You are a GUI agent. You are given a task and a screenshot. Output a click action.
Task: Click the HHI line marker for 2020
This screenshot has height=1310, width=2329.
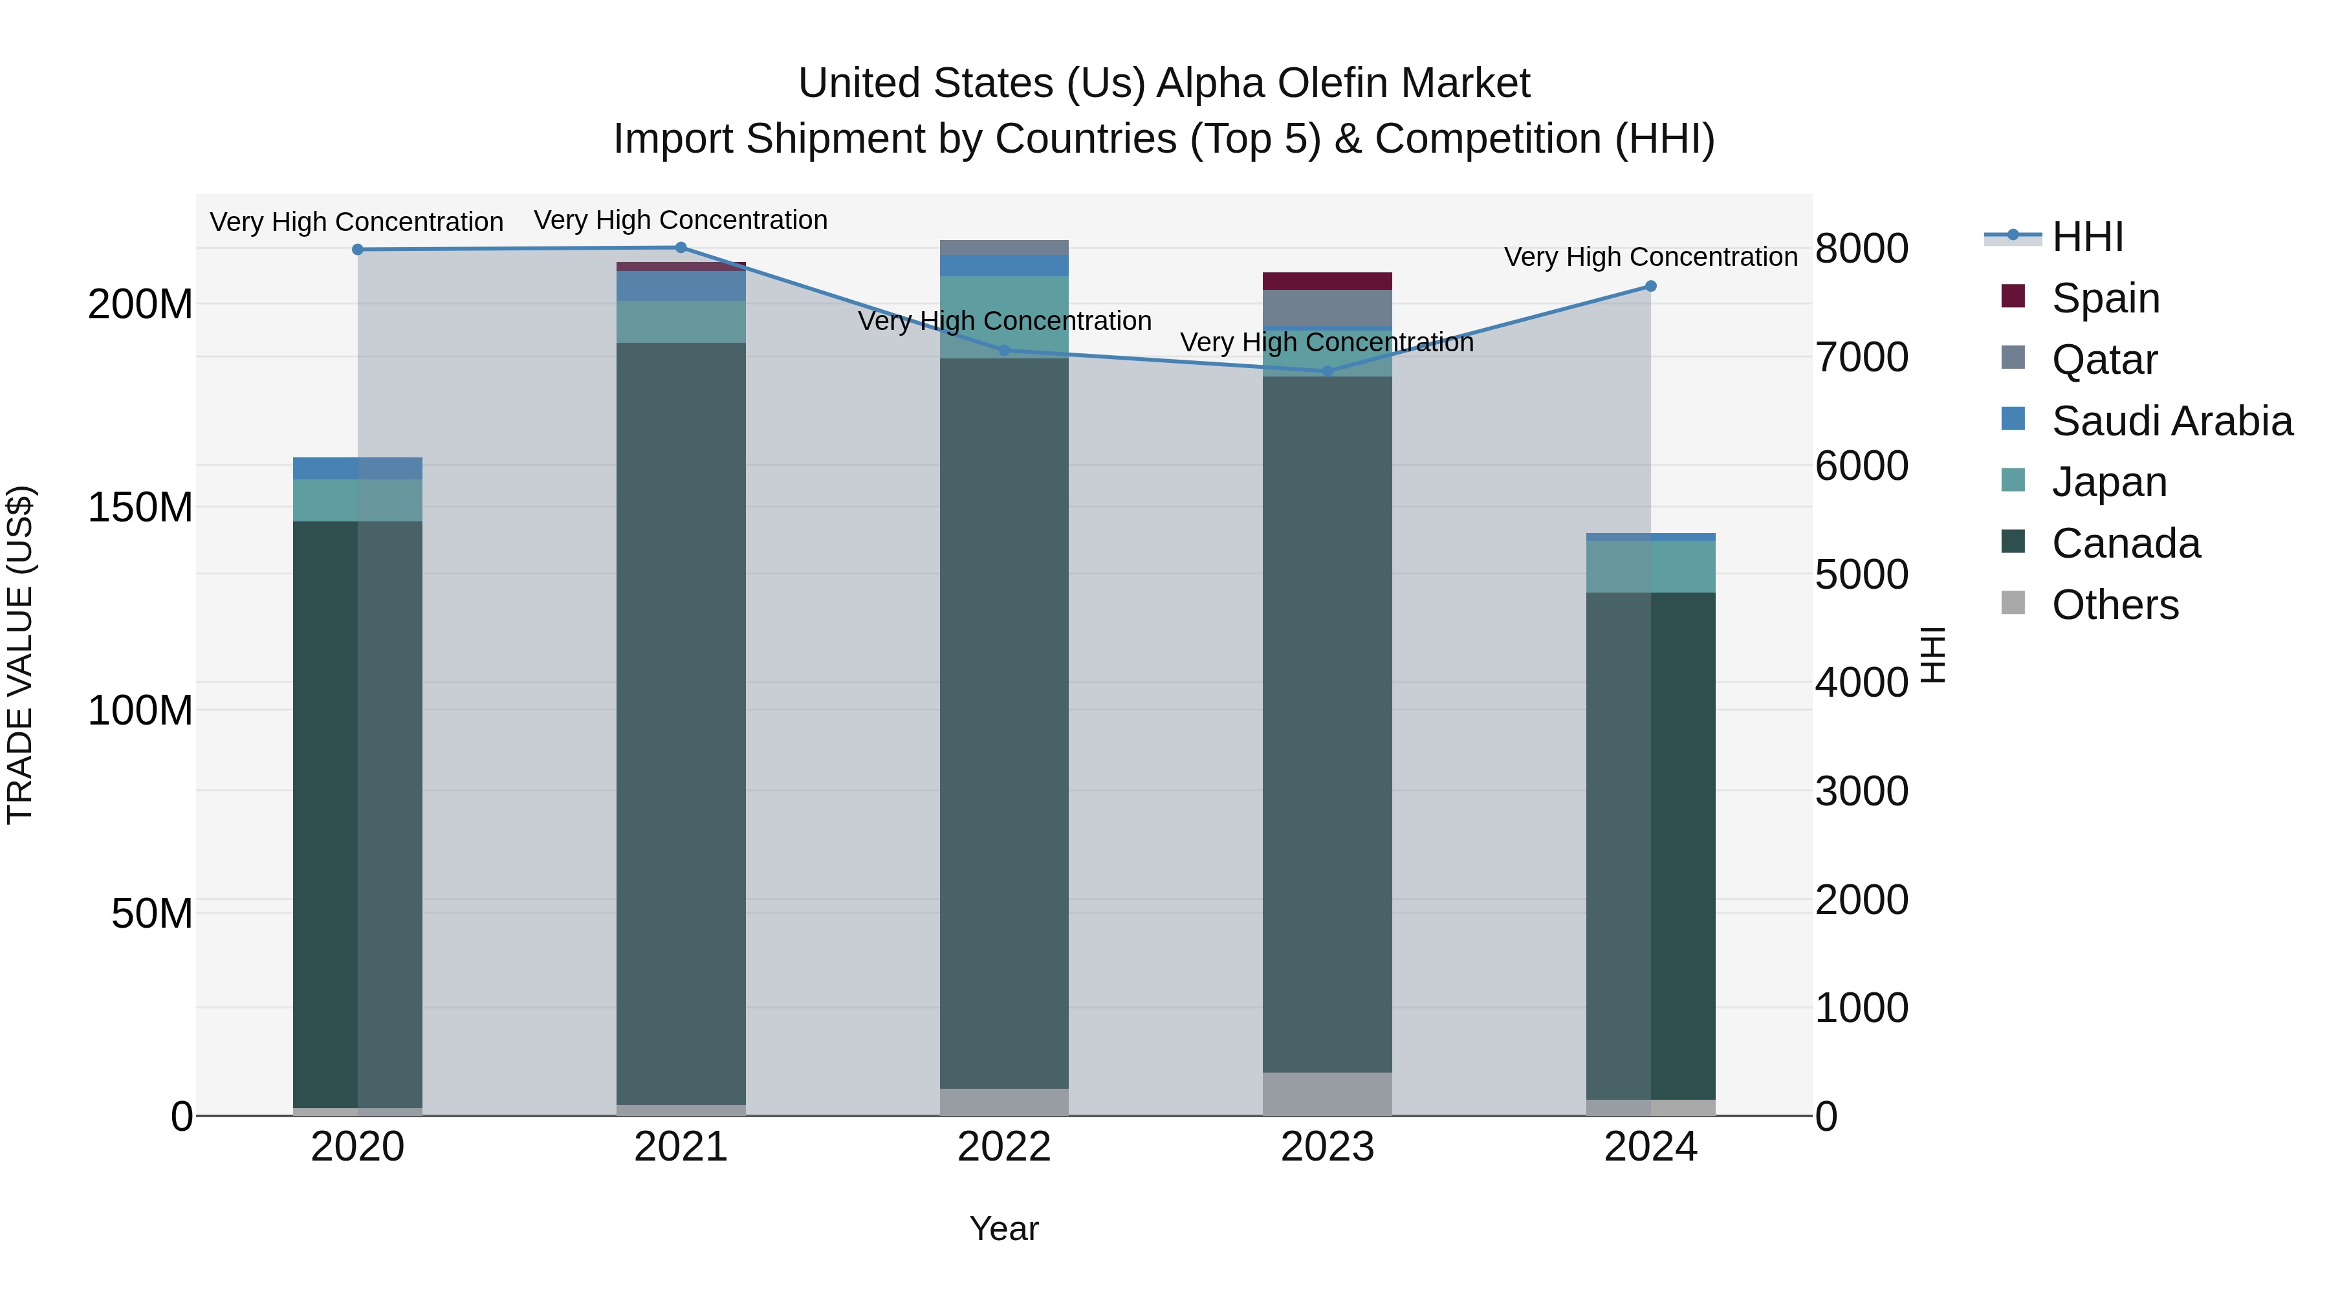tap(357, 250)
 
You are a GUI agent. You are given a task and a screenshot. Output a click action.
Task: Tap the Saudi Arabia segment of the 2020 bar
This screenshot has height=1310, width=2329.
tap(357, 468)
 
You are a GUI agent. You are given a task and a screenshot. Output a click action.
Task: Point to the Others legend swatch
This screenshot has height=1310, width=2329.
tap(2013, 603)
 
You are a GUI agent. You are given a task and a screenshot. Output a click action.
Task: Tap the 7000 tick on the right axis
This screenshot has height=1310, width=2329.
tap(1861, 357)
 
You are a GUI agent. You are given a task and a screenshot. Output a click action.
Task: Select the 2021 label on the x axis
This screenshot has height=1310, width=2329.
tap(681, 1146)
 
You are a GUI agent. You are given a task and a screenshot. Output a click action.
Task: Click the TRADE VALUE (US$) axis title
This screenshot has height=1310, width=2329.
tap(20, 655)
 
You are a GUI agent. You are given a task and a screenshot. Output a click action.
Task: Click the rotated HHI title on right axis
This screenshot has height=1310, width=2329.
tap(1932, 655)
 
